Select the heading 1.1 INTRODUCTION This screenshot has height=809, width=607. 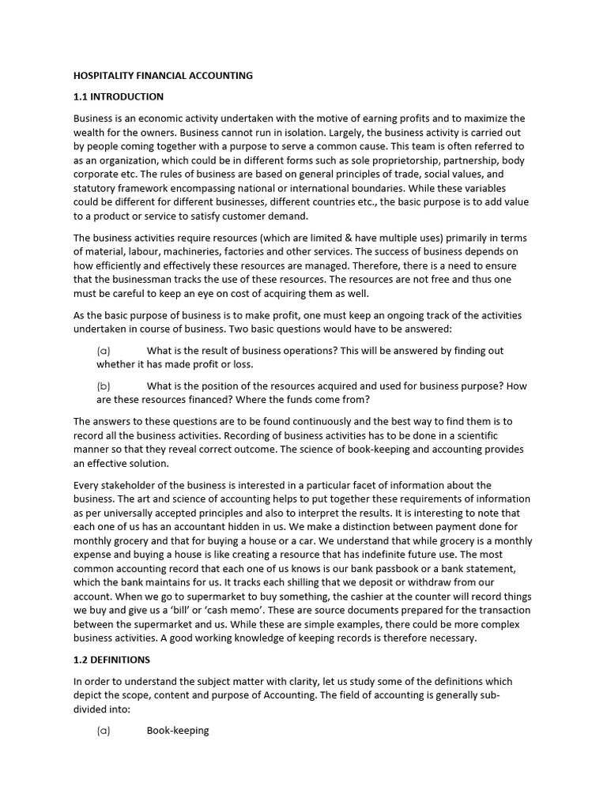point(119,97)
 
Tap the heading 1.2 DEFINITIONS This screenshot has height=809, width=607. point(111,660)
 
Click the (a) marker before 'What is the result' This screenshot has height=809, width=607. point(104,351)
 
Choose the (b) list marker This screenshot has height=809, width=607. point(104,386)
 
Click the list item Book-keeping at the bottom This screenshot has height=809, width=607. point(178,731)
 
